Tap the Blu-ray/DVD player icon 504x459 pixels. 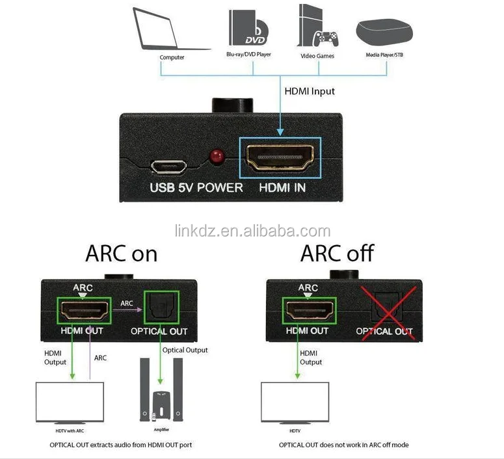tap(248, 27)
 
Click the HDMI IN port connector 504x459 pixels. tap(279, 158)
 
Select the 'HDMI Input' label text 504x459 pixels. tap(310, 91)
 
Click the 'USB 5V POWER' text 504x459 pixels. tap(196, 188)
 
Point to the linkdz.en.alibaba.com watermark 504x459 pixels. tap(252, 231)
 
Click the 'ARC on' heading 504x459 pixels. tap(122, 253)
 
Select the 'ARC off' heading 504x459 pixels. tap(337, 253)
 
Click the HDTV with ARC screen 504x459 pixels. tap(70, 402)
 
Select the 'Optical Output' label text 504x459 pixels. tap(185, 350)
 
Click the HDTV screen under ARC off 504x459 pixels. tap(294, 402)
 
